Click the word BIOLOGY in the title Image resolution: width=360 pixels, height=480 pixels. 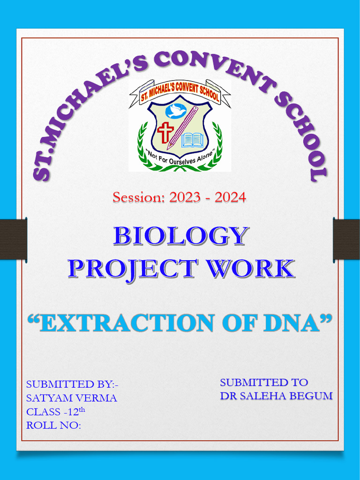[180, 236]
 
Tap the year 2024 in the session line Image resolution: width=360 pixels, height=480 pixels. [230, 197]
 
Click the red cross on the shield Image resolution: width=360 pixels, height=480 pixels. [165, 132]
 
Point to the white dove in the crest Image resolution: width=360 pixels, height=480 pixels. [175, 111]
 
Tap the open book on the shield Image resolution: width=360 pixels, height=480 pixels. [192, 140]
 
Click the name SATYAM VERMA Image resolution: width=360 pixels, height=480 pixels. [72, 398]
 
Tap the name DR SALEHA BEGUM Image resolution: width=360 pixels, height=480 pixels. [276, 396]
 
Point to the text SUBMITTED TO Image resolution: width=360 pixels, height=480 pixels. [264, 382]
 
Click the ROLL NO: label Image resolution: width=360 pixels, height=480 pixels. [53, 425]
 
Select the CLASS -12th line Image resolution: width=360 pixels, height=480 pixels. [56, 412]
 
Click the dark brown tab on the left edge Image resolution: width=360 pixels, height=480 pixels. [13, 239]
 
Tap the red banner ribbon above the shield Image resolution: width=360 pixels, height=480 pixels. [180, 92]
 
